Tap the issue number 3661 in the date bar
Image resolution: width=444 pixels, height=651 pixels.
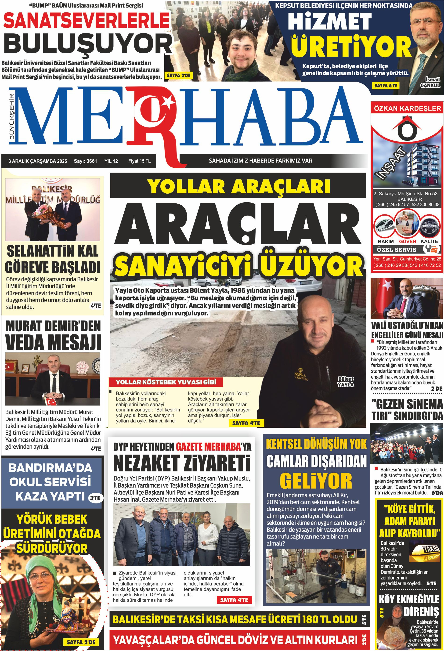[92, 161]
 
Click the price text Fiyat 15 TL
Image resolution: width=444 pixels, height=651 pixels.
[139, 161]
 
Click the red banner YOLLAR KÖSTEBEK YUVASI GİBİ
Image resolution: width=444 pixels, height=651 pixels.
[166, 382]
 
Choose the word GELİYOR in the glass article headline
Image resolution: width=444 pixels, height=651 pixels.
[316, 481]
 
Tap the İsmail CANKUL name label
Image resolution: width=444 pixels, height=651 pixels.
[430, 82]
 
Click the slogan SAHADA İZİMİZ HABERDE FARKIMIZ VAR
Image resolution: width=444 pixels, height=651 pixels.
[260, 161]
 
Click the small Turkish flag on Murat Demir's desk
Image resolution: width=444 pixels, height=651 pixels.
[51, 401]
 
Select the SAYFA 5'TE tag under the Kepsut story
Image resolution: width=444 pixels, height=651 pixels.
[386, 85]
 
